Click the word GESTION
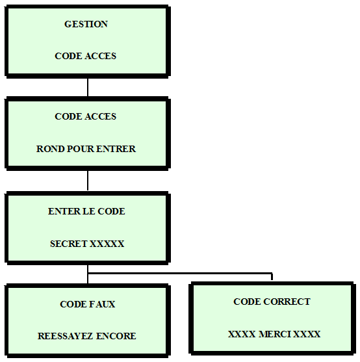(86, 24)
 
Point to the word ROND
(50, 149)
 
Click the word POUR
(80, 149)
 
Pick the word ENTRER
(116, 149)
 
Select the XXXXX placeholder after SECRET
(107, 244)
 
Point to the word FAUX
(101, 304)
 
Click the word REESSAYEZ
(66, 336)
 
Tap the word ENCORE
(116, 336)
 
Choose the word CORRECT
(287, 302)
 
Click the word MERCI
(274, 334)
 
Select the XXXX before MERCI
(242, 334)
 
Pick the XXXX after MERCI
(307, 334)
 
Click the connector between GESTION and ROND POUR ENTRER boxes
(88, 87)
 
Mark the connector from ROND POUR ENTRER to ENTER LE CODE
(88, 181)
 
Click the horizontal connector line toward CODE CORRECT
(180, 274)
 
